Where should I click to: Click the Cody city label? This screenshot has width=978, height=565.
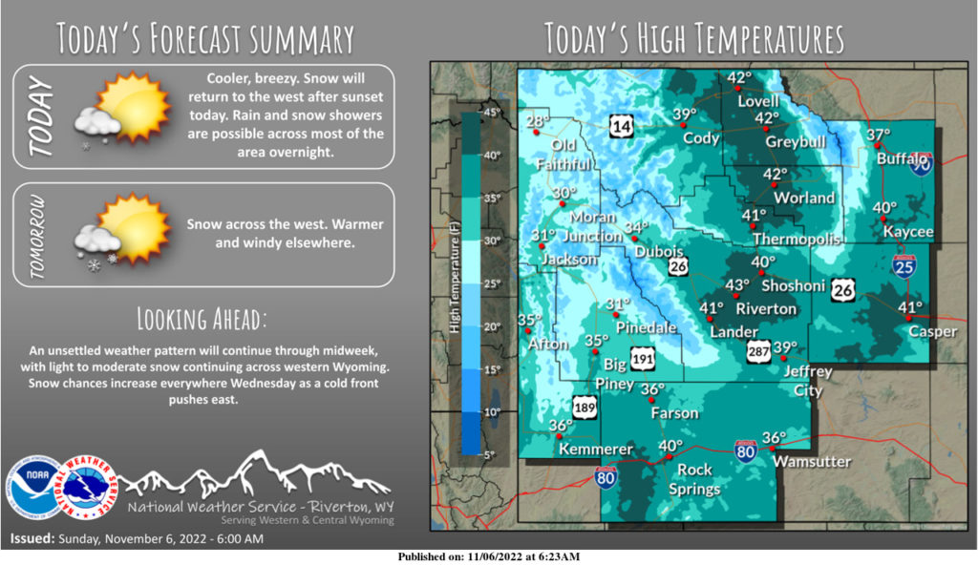pyautogui.click(x=701, y=138)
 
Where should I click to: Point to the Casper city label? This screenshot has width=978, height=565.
pyautogui.click(x=905, y=331)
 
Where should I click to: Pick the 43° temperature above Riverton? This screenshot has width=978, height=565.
pyautogui.click(x=736, y=285)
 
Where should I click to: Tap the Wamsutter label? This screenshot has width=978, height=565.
pyautogui.click(x=812, y=461)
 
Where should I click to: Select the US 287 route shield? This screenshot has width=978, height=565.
pyautogui.click(x=758, y=350)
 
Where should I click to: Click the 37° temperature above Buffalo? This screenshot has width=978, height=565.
pyautogui.click(x=878, y=136)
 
